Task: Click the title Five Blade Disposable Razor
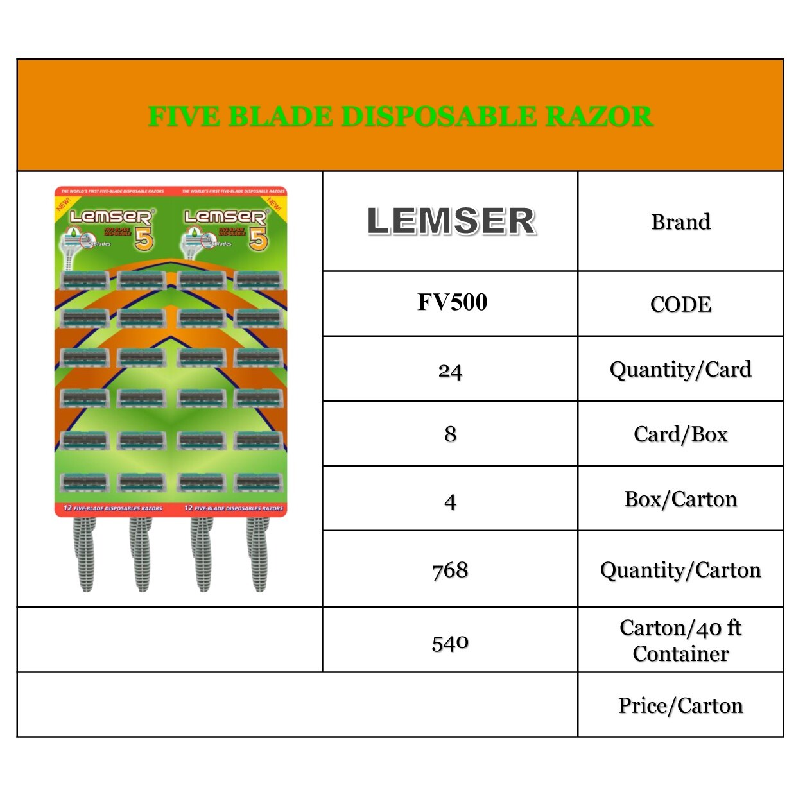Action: point(400,117)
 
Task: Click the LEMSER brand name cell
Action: point(451,221)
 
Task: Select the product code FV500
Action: point(452,302)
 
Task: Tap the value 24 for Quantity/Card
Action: point(450,371)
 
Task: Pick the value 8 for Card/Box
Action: point(450,434)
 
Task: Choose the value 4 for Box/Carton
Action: point(450,501)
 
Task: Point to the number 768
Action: point(450,570)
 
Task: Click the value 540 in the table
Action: point(450,642)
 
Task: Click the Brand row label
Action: point(680,222)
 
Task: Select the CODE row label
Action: point(680,304)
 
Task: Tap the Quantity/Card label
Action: point(680,370)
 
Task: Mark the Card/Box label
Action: point(680,434)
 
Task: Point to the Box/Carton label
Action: point(680,499)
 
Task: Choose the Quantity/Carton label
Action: point(680,570)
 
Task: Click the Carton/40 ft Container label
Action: point(680,640)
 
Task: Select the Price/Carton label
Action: point(680,705)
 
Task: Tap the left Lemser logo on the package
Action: point(110,217)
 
